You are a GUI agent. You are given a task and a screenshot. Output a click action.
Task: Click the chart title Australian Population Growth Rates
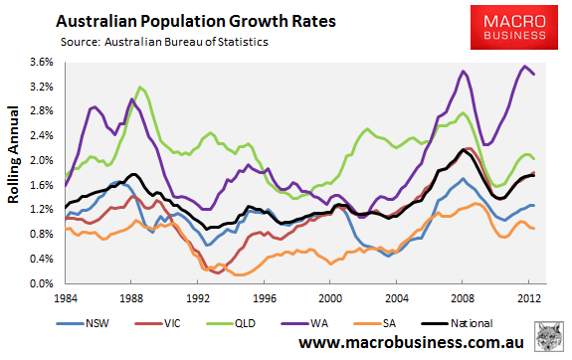point(196,21)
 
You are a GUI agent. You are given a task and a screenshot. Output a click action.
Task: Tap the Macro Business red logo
point(514,28)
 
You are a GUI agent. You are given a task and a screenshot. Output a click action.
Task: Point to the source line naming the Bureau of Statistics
point(164,42)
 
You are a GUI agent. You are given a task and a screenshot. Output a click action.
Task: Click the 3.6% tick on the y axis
point(42,63)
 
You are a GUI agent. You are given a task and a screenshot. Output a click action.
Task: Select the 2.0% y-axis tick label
point(42,161)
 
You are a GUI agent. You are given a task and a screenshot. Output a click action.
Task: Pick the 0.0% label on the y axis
point(42,283)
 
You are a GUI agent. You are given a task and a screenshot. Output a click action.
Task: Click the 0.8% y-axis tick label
point(42,234)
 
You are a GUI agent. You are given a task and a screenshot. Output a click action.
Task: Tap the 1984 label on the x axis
point(66,298)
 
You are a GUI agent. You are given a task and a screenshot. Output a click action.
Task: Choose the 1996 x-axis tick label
point(265,298)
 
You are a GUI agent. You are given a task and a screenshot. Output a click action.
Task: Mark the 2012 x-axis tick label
point(529,298)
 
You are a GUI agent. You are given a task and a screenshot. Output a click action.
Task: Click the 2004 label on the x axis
point(397,298)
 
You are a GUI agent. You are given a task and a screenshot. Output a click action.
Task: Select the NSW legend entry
point(83,323)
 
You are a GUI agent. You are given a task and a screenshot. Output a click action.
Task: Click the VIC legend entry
point(157,323)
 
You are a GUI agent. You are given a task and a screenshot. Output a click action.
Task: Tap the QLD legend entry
point(231,323)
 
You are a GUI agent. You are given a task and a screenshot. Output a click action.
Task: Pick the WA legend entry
point(304,323)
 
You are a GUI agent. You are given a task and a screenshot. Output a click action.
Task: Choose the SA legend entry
point(375,323)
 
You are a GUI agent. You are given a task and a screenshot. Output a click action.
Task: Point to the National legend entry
point(457,323)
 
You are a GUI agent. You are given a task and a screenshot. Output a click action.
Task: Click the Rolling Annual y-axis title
point(13,155)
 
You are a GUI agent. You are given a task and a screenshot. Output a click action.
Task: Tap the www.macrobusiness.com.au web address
point(411,343)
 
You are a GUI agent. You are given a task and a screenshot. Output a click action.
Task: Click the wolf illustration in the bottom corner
point(549,336)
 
